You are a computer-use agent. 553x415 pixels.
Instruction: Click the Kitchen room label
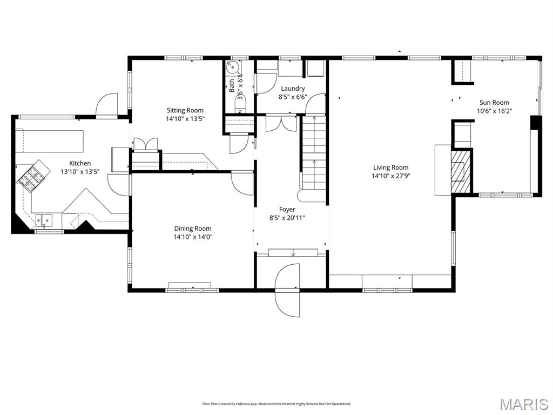tap(80, 163)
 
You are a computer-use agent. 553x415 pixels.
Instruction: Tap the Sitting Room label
tap(185, 110)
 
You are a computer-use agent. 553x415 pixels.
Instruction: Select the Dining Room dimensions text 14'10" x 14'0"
tap(193, 237)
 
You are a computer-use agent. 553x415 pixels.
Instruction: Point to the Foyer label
tap(287, 209)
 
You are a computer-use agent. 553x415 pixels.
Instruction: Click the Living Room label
tap(390, 168)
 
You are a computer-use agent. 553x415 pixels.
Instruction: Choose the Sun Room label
tap(494, 102)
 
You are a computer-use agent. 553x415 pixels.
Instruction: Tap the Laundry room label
tap(292, 89)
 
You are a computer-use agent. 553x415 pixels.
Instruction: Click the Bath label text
tap(232, 85)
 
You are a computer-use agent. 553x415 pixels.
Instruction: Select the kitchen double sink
tap(44, 220)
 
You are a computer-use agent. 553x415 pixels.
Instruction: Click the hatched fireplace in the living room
tap(460, 171)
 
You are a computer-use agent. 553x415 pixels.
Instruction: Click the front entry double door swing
tap(288, 290)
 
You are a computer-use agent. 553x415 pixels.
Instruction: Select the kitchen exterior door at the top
tap(106, 105)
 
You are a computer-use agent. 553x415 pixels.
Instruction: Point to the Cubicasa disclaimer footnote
tap(276, 404)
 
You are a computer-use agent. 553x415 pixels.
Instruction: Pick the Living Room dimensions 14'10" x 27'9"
tap(390, 176)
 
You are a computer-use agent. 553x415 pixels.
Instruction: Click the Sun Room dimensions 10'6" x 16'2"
tap(494, 111)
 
